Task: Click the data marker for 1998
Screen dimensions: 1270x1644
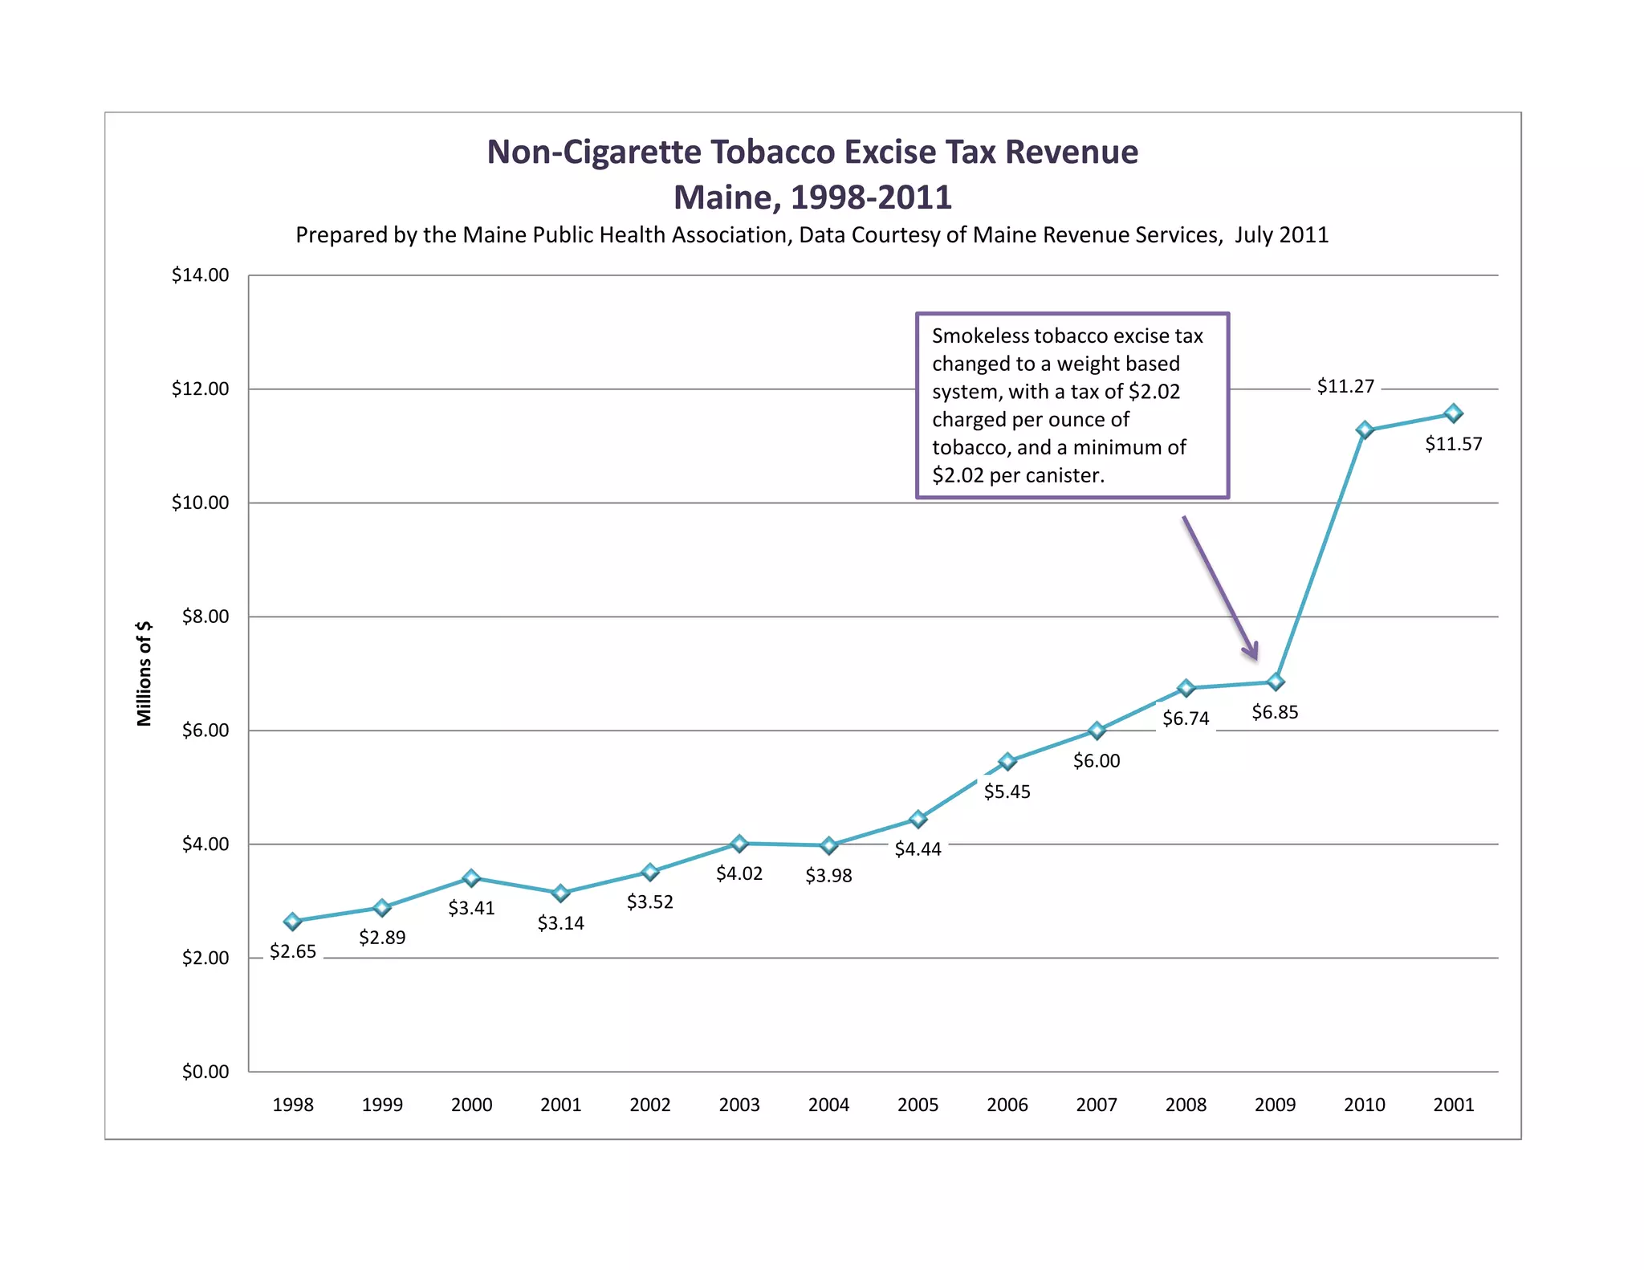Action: pos(293,921)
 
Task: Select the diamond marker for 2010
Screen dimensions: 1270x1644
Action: pos(1365,430)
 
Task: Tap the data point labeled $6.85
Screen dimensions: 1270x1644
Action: pos(1276,682)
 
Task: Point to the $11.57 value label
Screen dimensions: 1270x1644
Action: pos(1453,444)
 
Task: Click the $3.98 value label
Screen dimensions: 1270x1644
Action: pos(828,876)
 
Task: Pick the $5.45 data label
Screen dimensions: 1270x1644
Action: pos(1007,792)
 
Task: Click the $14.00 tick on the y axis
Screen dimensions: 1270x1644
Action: pos(200,275)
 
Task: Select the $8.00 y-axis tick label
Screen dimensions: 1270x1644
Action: pos(205,617)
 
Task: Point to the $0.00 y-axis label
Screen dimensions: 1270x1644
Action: pos(205,1072)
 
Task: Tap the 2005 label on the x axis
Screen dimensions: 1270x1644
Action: pos(918,1105)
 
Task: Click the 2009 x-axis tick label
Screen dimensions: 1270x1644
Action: pos(1275,1105)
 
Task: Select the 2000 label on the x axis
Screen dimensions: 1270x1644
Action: pos(471,1105)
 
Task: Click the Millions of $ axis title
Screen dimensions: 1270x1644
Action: pos(144,674)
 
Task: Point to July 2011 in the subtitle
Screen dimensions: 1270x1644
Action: pos(1281,235)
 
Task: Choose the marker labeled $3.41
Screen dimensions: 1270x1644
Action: pos(472,878)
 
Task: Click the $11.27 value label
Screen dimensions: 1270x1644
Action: pos(1345,387)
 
